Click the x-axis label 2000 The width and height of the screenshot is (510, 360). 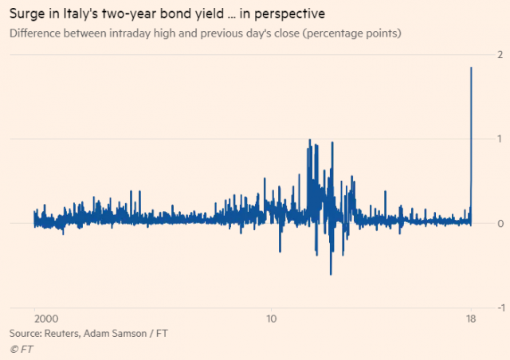pyautogui.click(x=35, y=316)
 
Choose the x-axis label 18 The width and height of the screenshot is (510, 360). pyautogui.click(x=471, y=316)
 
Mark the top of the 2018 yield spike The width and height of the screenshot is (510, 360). pyautogui.click(x=472, y=68)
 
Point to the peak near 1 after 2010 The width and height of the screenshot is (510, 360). pyautogui.click(x=308, y=139)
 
